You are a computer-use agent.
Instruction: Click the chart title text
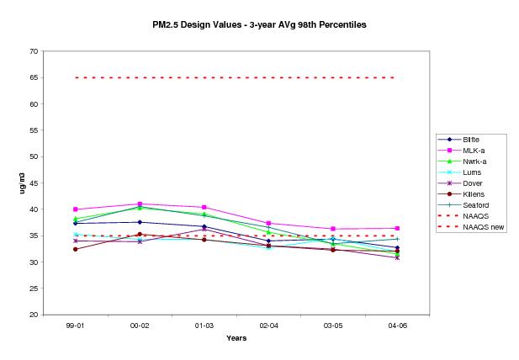tap(259, 25)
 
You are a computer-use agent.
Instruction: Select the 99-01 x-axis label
tap(75, 324)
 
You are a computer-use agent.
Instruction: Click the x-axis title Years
tap(236, 338)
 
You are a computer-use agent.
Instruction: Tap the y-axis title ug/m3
tap(11, 183)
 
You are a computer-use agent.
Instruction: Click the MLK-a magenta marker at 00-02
tap(140, 204)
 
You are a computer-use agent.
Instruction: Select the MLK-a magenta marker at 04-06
tap(396, 228)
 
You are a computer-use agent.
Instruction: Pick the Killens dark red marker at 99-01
tap(75, 249)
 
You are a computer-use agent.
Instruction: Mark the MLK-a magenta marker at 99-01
tap(75, 209)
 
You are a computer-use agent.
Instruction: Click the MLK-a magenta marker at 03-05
tap(332, 229)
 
